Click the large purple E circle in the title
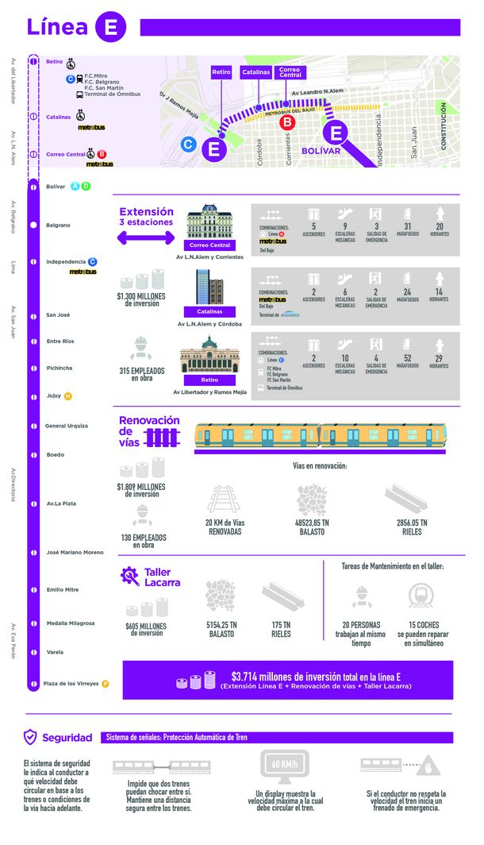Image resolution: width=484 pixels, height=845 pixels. tap(110, 27)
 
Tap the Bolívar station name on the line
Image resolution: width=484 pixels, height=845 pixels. tap(56, 187)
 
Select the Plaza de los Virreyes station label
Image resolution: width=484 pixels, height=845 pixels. tap(71, 683)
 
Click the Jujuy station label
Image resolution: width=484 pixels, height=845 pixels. tap(54, 395)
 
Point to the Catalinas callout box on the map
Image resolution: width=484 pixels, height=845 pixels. tap(255, 71)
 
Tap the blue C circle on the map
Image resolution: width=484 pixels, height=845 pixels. tap(189, 145)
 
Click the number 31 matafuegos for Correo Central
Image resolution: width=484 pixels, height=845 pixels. tap(408, 226)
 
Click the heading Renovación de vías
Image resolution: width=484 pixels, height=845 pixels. tap(149, 426)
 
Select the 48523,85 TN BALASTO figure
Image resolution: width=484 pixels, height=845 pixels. tap(312, 527)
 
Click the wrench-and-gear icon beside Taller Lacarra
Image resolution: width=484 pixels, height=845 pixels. tap(129, 577)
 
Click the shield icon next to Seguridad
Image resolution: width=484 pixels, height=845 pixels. tap(30, 737)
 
